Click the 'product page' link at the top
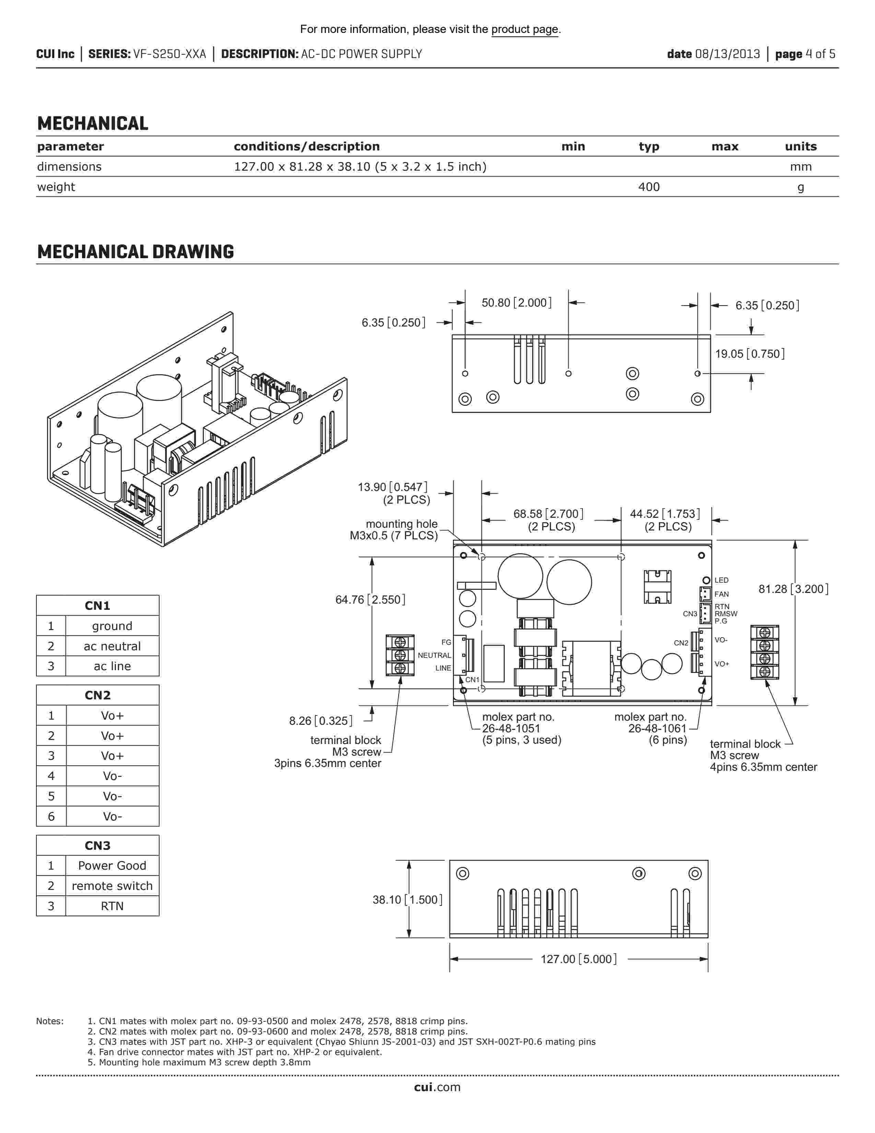(x=525, y=29)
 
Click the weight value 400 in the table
(x=649, y=187)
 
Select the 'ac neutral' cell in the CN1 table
(x=112, y=646)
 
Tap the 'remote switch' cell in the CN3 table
(x=112, y=885)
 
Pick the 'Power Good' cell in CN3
(x=112, y=865)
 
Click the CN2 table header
(x=97, y=695)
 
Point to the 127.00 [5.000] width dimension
(x=579, y=959)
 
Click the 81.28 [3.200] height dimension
(x=793, y=589)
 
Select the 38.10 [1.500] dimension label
(x=407, y=900)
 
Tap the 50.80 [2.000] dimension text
(x=516, y=302)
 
